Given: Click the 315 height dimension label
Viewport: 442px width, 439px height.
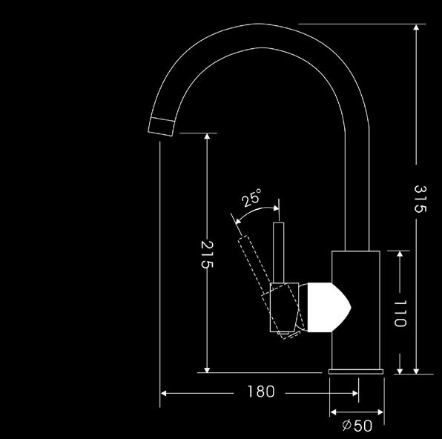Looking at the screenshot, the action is click(420, 199).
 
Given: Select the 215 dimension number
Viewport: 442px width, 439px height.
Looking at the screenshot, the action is click(207, 254).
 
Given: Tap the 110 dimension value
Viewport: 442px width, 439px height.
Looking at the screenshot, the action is click(400, 313).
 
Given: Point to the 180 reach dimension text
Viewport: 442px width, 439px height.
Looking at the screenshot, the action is click(261, 392).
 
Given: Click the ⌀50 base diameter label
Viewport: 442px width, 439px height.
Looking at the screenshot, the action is click(357, 426).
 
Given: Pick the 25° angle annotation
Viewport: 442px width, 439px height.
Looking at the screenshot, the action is click(251, 197).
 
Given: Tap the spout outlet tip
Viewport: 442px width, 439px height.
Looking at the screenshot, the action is click(161, 127).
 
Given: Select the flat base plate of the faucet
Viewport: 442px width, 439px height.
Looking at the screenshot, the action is click(356, 372).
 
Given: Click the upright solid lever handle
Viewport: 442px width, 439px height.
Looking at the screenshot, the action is click(279, 253).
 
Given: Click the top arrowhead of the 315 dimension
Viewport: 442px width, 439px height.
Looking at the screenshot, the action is click(416, 27).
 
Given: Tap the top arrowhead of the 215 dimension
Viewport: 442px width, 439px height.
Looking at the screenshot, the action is click(207, 136).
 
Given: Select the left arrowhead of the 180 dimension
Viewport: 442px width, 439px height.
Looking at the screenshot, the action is click(163, 393).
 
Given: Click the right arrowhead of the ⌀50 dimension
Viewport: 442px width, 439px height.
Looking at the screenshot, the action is click(380, 412).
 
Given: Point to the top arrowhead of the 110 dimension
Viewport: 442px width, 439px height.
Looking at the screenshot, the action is click(400, 254).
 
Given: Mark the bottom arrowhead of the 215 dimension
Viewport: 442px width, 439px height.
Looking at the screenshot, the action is click(207, 369).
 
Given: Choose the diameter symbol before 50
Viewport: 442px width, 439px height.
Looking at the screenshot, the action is click(346, 425).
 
